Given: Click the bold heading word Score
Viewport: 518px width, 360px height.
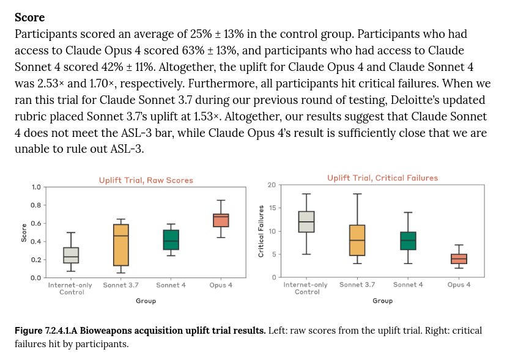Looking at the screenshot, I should click(29, 17).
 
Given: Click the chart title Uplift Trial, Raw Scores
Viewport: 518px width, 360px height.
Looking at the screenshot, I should click(146, 180).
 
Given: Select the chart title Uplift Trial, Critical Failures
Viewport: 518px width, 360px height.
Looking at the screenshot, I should click(382, 178).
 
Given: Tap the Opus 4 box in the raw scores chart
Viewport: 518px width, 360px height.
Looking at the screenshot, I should click(221, 220).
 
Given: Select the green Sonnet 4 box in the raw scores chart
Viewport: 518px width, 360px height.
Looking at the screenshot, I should click(171, 240).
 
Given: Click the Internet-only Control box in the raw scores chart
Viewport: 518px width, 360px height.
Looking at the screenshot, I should click(71, 255).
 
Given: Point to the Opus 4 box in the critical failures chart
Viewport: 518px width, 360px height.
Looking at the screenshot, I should click(459, 259).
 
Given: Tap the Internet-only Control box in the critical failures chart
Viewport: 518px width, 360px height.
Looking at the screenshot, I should click(305, 222).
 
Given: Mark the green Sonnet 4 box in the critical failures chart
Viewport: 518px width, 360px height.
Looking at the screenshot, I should click(408, 241).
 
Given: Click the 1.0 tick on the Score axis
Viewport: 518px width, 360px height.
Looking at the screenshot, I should click(37, 187).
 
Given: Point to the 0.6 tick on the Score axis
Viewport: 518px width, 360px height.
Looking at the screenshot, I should click(37, 224).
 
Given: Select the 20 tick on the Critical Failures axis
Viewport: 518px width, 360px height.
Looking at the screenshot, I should click(271, 185).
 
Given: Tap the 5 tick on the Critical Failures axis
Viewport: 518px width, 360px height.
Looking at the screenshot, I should click(273, 254).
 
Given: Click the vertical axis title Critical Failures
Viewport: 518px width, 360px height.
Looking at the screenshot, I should click(261, 230).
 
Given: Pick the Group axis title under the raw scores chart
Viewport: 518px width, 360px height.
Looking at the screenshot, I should click(146, 301).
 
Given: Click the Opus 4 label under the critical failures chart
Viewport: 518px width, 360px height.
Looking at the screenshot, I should click(459, 285).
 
